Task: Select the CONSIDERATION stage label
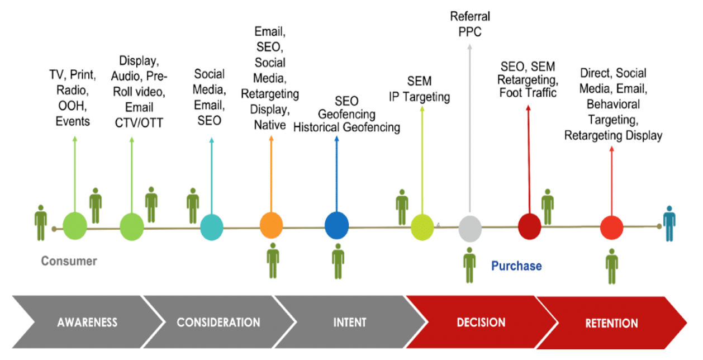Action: [x=218, y=323]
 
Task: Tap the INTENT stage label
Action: [x=349, y=323]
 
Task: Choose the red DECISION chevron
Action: [x=481, y=323]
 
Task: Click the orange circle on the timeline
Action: [x=271, y=226]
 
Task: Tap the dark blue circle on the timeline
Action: [x=336, y=226]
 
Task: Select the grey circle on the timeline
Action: [x=470, y=228]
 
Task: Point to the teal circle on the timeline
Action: [x=211, y=227]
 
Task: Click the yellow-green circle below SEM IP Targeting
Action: [x=422, y=227]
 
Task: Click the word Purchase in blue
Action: [x=516, y=266]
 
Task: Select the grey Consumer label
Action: [x=69, y=261]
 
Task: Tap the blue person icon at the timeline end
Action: [x=669, y=223]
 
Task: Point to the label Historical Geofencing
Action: [x=346, y=127]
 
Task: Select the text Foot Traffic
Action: [x=528, y=93]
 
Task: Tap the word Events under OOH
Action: [x=73, y=121]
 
